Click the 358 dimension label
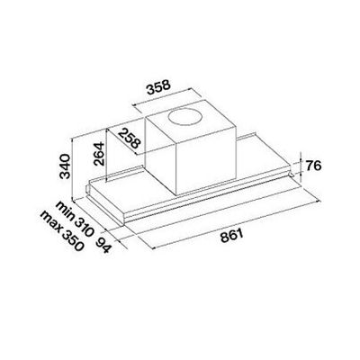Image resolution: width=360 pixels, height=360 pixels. point(158,86)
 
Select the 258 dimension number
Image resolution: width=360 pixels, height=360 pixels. point(130,139)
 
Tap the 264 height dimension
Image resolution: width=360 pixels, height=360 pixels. point(99,154)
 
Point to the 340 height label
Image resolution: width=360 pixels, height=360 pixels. point(65,166)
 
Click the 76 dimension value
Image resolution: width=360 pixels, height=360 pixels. point(313,166)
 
